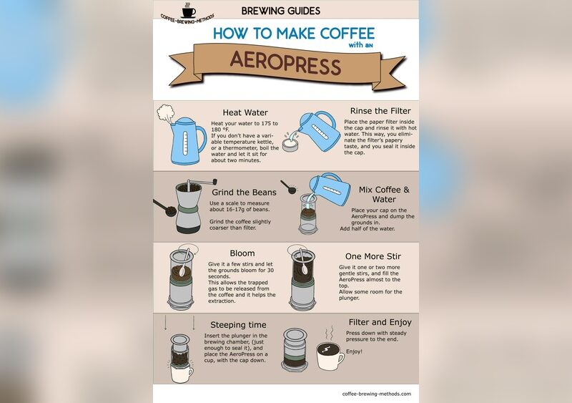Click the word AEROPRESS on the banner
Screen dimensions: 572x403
click(285, 63)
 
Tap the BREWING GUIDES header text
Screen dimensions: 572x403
click(281, 11)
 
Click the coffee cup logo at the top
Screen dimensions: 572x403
click(189, 11)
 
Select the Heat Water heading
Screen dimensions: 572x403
click(245, 112)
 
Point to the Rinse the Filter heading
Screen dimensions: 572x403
click(380, 111)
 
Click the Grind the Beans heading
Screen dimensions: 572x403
click(244, 192)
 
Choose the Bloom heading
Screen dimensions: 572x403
click(242, 253)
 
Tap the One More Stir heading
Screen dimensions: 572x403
click(373, 256)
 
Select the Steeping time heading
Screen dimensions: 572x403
click(238, 325)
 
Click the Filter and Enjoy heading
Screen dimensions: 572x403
click(380, 322)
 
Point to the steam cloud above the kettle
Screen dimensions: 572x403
click(165, 113)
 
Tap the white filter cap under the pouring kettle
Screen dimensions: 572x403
click(291, 145)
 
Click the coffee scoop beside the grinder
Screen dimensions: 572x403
click(164, 208)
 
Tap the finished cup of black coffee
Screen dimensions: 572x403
click(330, 356)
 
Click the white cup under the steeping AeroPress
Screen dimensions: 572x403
click(182, 374)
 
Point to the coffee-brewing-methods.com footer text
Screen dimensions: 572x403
click(377, 394)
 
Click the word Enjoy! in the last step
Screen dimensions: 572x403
click(354, 351)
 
